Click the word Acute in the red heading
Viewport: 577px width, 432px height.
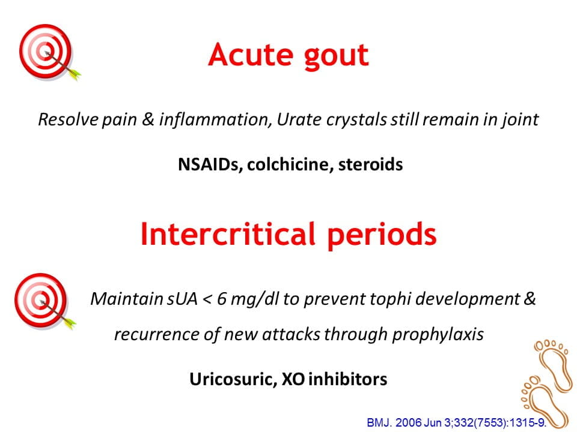(250, 55)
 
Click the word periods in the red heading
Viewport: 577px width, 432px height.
(382, 235)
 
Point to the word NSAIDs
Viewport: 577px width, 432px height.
(209, 164)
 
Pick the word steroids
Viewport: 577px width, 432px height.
(371, 164)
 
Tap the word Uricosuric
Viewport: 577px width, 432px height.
(233, 379)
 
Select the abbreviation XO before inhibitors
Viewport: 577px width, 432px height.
(293, 379)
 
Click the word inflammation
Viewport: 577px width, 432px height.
(215, 119)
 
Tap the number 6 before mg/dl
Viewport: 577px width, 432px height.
(222, 299)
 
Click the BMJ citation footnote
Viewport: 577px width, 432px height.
(457, 422)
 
